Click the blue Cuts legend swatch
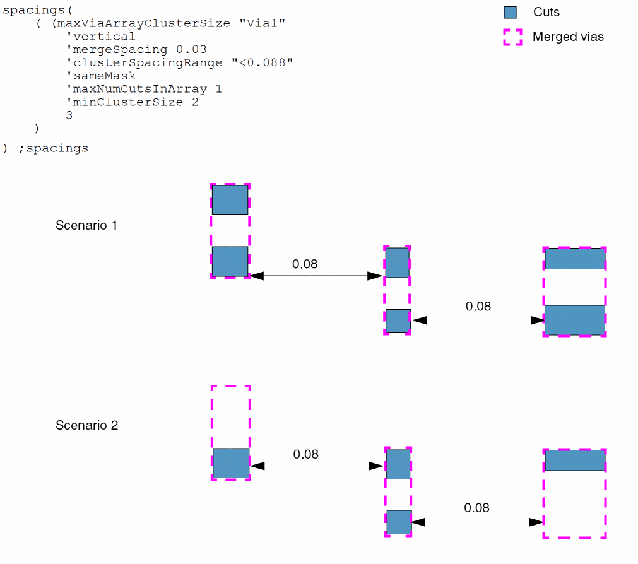click(510, 12)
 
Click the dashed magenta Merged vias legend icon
click(512, 37)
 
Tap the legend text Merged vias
click(567, 37)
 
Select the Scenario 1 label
click(86, 225)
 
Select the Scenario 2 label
click(86, 425)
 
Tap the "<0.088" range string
click(262, 62)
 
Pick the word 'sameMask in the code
click(101, 76)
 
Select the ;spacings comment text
click(54, 149)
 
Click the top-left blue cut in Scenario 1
click(230, 200)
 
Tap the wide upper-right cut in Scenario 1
click(574, 259)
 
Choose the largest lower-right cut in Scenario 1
click(574, 320)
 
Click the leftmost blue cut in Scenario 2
click(230, 463)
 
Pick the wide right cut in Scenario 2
click(574, 461)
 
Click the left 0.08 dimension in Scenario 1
click(305, 264)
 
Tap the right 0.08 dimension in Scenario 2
click(476, 508)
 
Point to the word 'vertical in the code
click(101, 37)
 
